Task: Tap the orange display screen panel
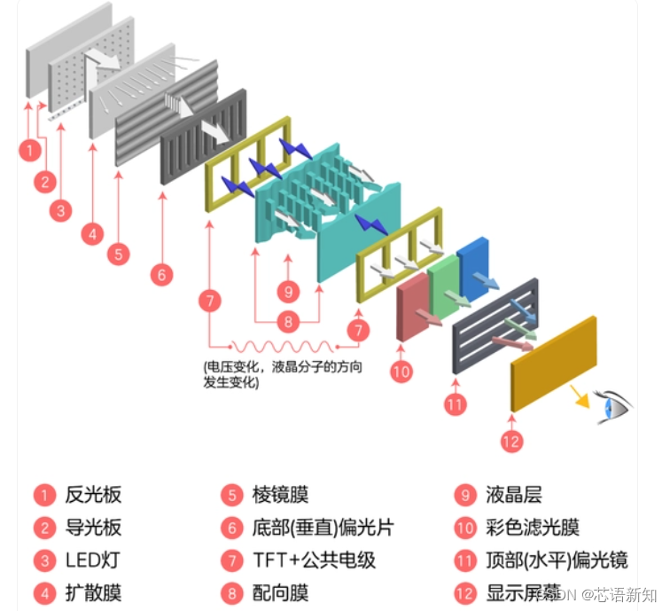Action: coord(553,363)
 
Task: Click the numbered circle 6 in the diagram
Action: coord(160,275)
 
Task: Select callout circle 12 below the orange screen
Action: coord(511,441)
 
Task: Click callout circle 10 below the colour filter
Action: coord(401,372)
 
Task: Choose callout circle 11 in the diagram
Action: coord(455,405)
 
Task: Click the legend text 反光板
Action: coord(93,495)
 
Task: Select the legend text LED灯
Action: coord(91,560)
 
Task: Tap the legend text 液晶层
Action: coord(513,495)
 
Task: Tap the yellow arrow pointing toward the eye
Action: coord(580,394)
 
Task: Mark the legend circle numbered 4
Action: coord(43,592)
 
